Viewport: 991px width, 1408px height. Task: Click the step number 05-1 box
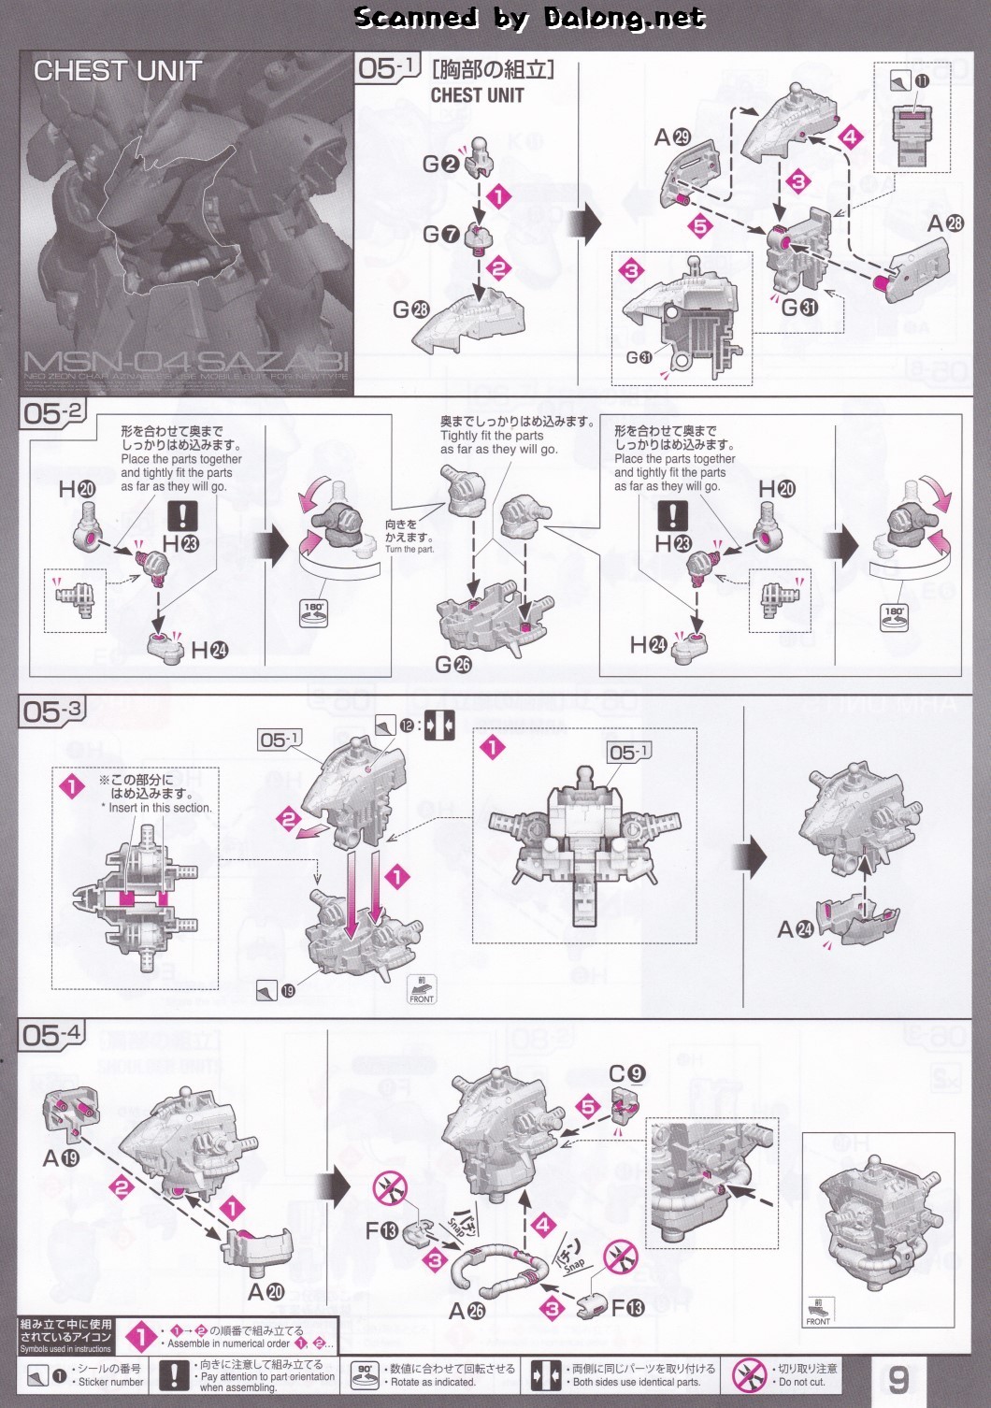coord(386,68)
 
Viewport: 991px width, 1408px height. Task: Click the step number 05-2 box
coord(53,413)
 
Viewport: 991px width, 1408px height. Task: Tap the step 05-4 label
coord(53,1034)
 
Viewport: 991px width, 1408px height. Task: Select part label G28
coord(410,309)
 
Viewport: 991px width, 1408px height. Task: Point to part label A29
coord(672,137)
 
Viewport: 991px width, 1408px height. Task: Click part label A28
coord(945,223)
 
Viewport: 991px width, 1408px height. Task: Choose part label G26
coord(453,664)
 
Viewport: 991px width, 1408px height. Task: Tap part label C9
coord(626,1073)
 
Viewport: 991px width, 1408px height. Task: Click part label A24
coord(796,929)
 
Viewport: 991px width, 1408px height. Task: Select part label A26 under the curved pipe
coord(467,1311)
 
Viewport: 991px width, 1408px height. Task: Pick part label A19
coord(61,1158)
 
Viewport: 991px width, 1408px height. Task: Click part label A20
coord(266,1292)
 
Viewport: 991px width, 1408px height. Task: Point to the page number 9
coord(898,1380)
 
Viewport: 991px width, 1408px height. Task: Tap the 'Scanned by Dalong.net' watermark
coord(529,17)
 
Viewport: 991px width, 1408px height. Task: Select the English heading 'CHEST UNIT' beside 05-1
coord(477,95)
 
